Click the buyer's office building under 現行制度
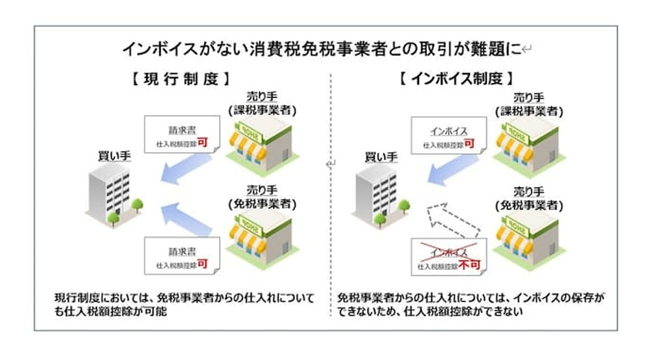tap(108, 194)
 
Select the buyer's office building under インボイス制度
tap(374, 194)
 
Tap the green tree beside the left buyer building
tap(138, 207)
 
